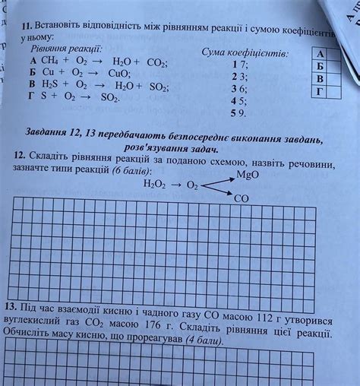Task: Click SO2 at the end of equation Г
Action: click(x=110, y=98)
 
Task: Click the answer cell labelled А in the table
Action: click(x=319, y=54)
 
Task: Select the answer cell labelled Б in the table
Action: click(x=319, y=66)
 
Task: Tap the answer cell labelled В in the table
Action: click(x=320, y=79)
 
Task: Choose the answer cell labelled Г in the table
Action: click(x=320, y=92)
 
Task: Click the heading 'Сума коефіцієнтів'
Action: click(x=245, y=53)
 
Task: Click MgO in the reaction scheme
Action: click(x=248, y=175)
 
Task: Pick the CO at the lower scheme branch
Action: click(x=242, y=198)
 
